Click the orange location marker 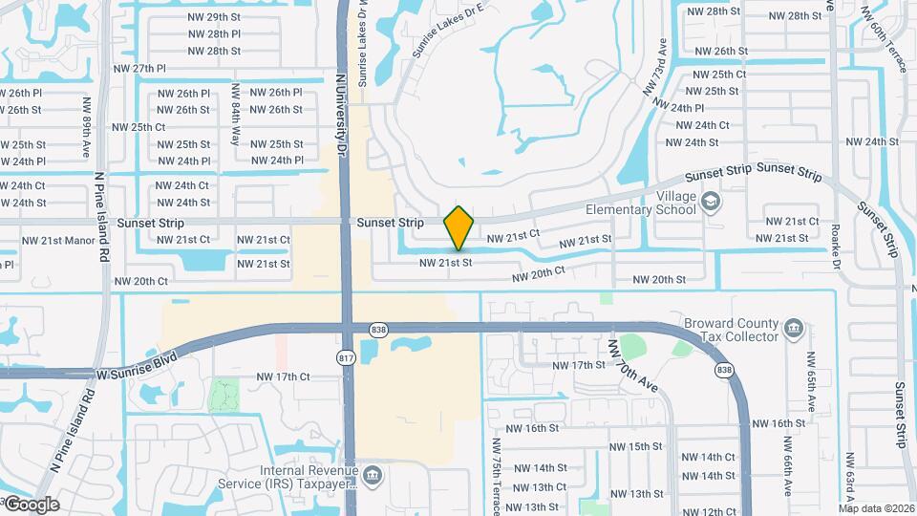click(x=459, y=228)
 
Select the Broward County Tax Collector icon click(x=794, y=330)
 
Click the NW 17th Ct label click(x=284, y=376)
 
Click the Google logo click(x=31, y=504)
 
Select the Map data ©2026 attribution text click(x=876, y=507)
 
